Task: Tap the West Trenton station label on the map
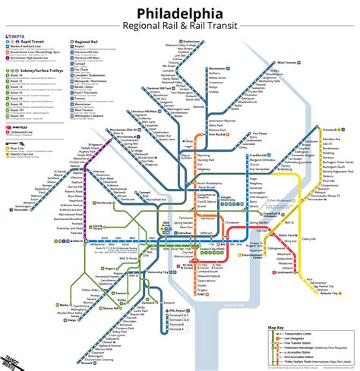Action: (x=286, y=63)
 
